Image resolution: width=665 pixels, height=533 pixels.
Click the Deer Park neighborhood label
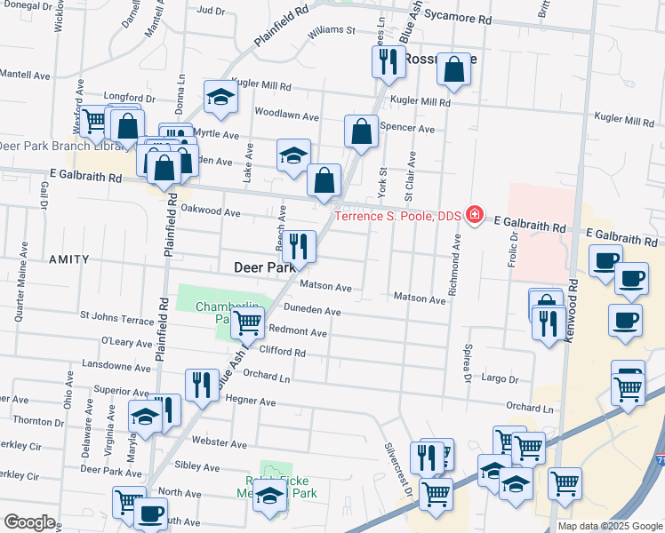click(x=263, y=266)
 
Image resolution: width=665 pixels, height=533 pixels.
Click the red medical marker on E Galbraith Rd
click(x=475, y=215)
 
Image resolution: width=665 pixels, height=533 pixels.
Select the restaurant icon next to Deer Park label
click(x=299, y=246)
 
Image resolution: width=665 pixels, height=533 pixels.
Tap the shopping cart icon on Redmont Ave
click(x=247, y=323)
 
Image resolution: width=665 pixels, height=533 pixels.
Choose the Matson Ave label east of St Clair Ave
click(x=419, y=299)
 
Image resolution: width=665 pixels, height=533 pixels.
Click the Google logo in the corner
click(x=28, y=522)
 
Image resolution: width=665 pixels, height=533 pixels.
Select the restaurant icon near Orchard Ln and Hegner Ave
click(x=201, y=384)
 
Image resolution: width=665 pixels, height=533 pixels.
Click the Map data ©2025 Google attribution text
click(x=609, y=526)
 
